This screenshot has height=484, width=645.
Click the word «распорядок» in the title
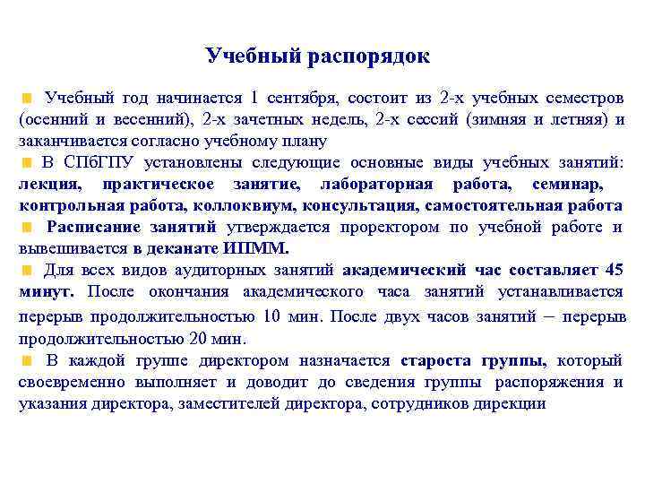pos(368,56)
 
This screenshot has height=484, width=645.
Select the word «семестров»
pos(583,97)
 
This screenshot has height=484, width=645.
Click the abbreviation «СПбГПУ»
pos(100,162)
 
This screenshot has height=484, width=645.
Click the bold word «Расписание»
pos(94,227)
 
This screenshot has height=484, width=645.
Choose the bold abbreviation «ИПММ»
pos(264,248)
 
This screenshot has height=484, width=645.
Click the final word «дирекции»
pos(512,403)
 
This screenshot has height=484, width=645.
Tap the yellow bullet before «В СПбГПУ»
pos(29,163)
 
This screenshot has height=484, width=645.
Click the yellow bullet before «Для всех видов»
pos(29,270)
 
